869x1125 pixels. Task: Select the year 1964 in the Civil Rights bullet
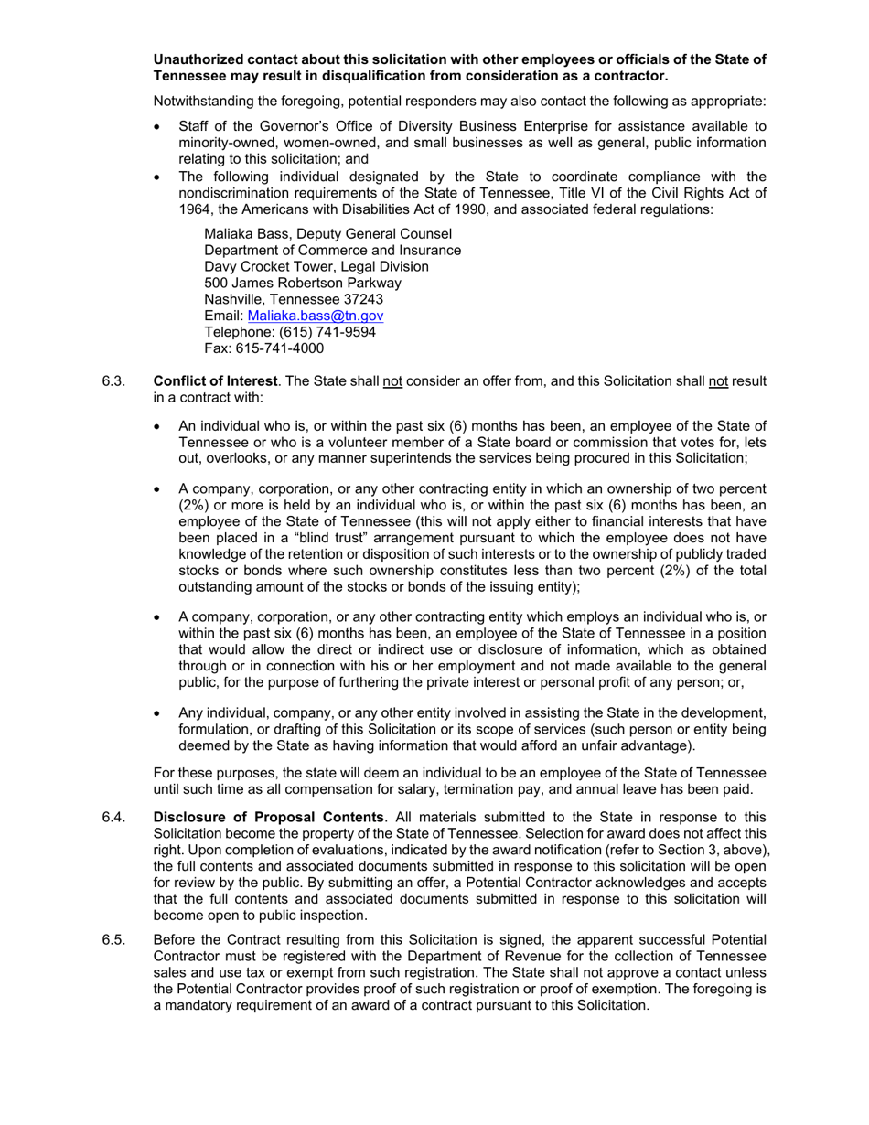(195, 209)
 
